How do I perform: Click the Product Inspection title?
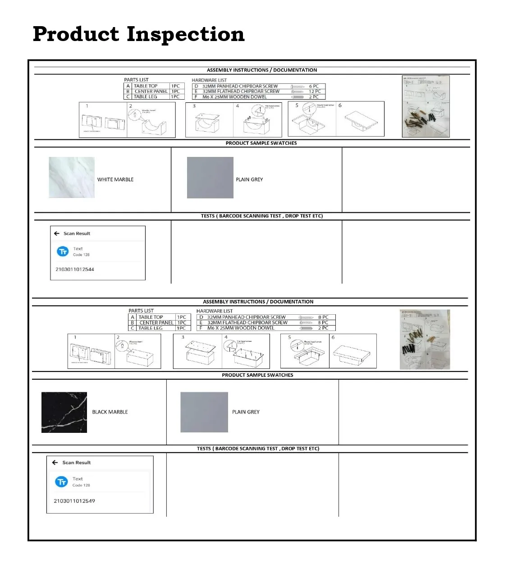[138, 34]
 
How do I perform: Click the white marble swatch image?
[72, 177]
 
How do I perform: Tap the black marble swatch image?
[64, 412]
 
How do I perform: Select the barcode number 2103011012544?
[75, 269]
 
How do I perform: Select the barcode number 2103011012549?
[74, 501]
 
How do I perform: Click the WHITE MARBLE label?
[115, 179]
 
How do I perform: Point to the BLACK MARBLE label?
[110, 412]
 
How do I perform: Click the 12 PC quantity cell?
[315, 92]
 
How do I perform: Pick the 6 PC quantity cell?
[314, 86]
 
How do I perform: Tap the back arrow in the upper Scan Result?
[57, 234]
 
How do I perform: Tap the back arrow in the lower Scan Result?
[55, 463]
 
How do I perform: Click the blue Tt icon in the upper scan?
[63, 251]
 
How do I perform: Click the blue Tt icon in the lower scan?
[61, 482]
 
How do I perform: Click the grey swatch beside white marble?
[210, 177]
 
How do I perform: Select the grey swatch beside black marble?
[204, 412]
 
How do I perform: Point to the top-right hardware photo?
[426, 106]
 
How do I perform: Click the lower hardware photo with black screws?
[425, 340]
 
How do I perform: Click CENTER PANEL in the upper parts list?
[151, 92]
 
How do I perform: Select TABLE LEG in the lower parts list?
[151, 328]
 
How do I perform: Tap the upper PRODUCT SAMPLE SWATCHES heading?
[261, 143]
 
